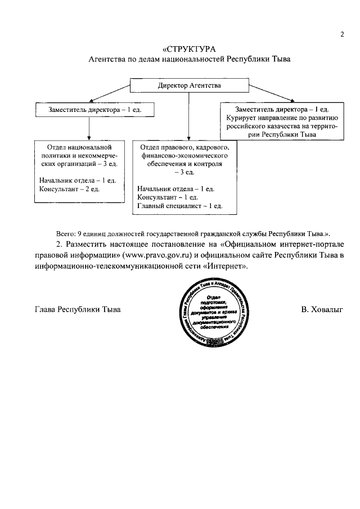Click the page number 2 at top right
[x=341, y=34]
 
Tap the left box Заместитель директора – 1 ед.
[x=88, y=109]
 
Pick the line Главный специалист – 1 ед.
[x=179, y=206]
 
